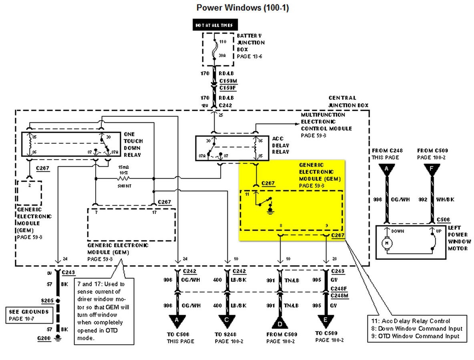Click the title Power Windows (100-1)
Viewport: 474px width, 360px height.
243,8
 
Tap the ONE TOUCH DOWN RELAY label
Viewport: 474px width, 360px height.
133,144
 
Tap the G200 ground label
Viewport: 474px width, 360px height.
44,338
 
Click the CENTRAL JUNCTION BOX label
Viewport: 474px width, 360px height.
348,102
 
